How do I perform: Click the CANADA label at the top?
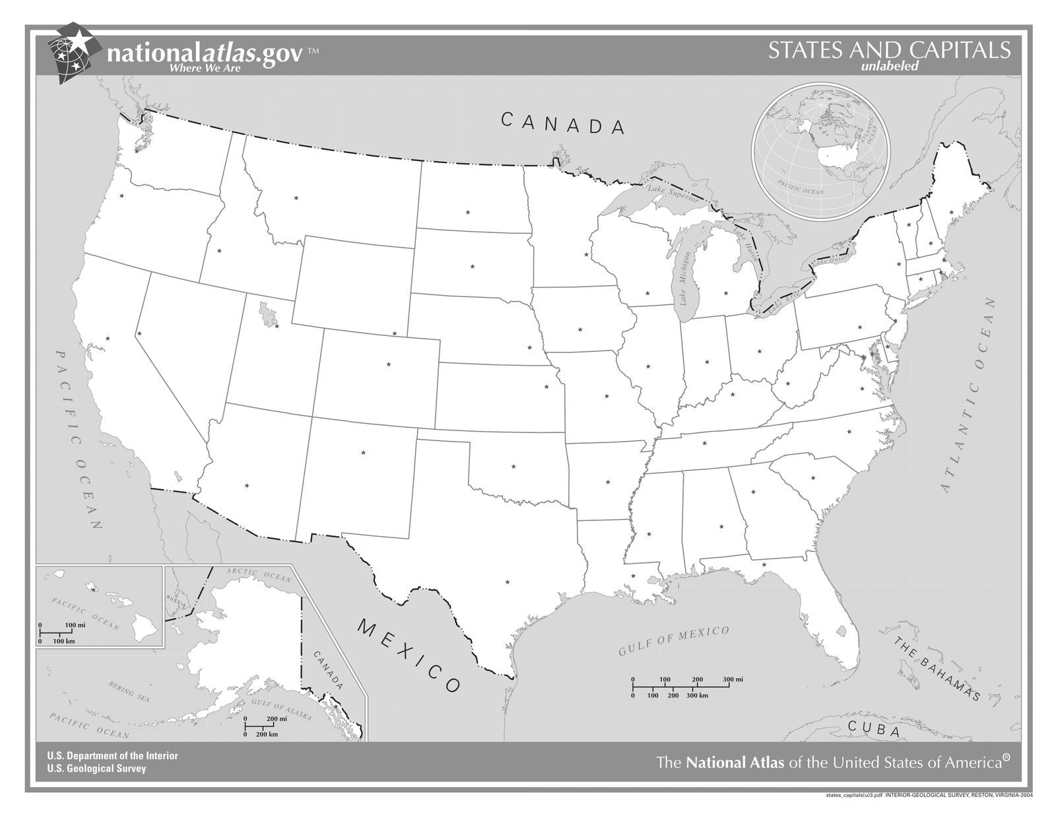[562, 123]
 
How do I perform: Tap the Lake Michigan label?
[684, 279]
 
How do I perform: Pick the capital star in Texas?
[507, 582]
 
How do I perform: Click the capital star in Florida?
[764, 564]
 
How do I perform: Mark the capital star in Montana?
[296, 198]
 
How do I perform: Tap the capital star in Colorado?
[389, 364]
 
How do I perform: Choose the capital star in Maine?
[951, 212]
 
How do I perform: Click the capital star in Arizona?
[247, 486]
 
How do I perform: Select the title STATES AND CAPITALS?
[889, 51]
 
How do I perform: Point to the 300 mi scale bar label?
[733, 679]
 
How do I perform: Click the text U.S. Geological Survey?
[96, 768]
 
